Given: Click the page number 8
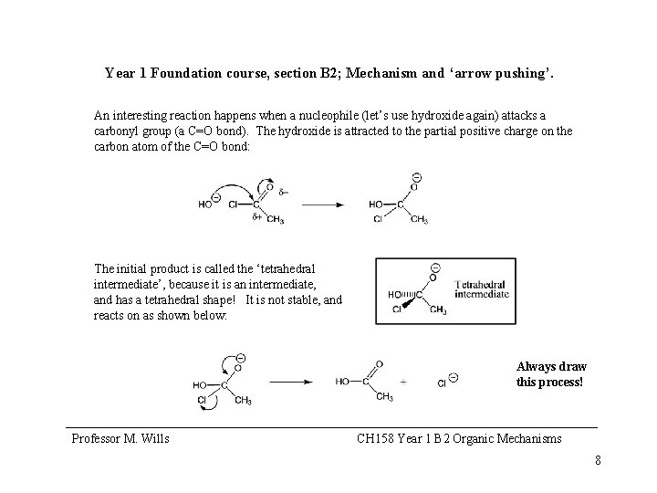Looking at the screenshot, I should (x=598, y=460).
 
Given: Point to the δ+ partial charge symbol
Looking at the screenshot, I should (x=256, y=217).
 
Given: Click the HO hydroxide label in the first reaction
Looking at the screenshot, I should (x=205, y=205).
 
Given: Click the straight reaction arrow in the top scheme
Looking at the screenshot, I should (x=324, y=205).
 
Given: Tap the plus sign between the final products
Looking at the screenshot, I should (x=402, y=382).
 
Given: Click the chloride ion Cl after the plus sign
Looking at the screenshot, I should (x=442, y=382).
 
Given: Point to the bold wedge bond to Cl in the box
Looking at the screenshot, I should (x=409, y=304).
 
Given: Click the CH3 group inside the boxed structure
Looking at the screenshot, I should (x=438, y=310).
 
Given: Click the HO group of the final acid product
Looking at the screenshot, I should (x=343, y=381).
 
